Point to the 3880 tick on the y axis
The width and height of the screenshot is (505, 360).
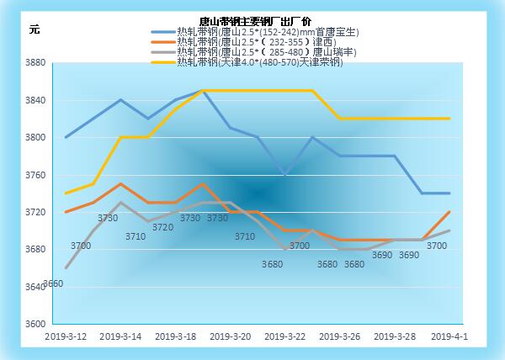point(35,63)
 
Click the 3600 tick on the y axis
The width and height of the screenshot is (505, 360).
point(35,324)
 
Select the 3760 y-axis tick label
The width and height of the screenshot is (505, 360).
point(35,175)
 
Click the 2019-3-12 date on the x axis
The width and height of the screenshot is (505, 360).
point(66,336)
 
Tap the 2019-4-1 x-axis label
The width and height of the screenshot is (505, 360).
point(449,336)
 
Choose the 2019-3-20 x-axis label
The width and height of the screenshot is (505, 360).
point(230,336)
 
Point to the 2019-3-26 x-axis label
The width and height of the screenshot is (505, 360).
point(339,336)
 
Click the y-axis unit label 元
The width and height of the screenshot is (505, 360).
point(35,29)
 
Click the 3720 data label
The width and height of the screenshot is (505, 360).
point(162,227)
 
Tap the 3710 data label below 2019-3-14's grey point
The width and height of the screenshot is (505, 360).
point(136,236)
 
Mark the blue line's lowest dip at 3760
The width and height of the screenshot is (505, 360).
point(285,174)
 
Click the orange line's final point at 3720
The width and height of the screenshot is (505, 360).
point(449,212)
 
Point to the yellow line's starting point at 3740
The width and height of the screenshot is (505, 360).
point(66,193)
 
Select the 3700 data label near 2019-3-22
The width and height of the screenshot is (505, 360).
point(300,246)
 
